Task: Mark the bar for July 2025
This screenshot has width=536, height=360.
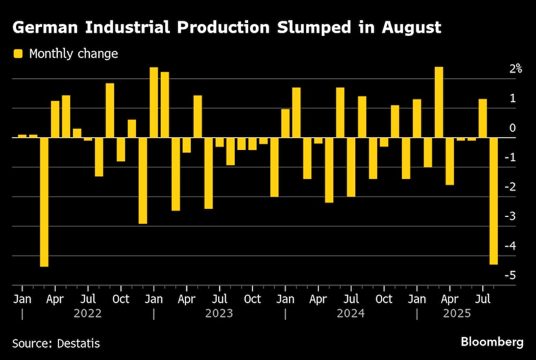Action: pos(482,118)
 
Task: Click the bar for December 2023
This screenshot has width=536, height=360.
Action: pos(274,167)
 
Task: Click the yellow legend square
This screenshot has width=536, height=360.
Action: pos(18,54)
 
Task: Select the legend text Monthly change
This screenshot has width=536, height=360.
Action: pos(73,54)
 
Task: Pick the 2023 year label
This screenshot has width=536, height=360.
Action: pos(219,313)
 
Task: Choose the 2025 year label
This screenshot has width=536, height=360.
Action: pos(457,313)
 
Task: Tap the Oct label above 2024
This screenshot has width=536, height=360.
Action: pos(384,299)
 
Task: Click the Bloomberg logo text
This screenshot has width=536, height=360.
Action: pos(492,342)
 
